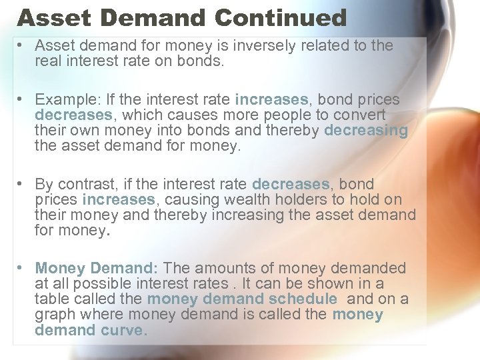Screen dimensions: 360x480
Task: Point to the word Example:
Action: point(63,100)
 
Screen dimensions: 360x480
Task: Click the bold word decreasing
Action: point(365,131)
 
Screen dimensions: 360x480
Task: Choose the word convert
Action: point(361,115)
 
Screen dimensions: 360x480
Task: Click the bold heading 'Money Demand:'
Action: point(96,269)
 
